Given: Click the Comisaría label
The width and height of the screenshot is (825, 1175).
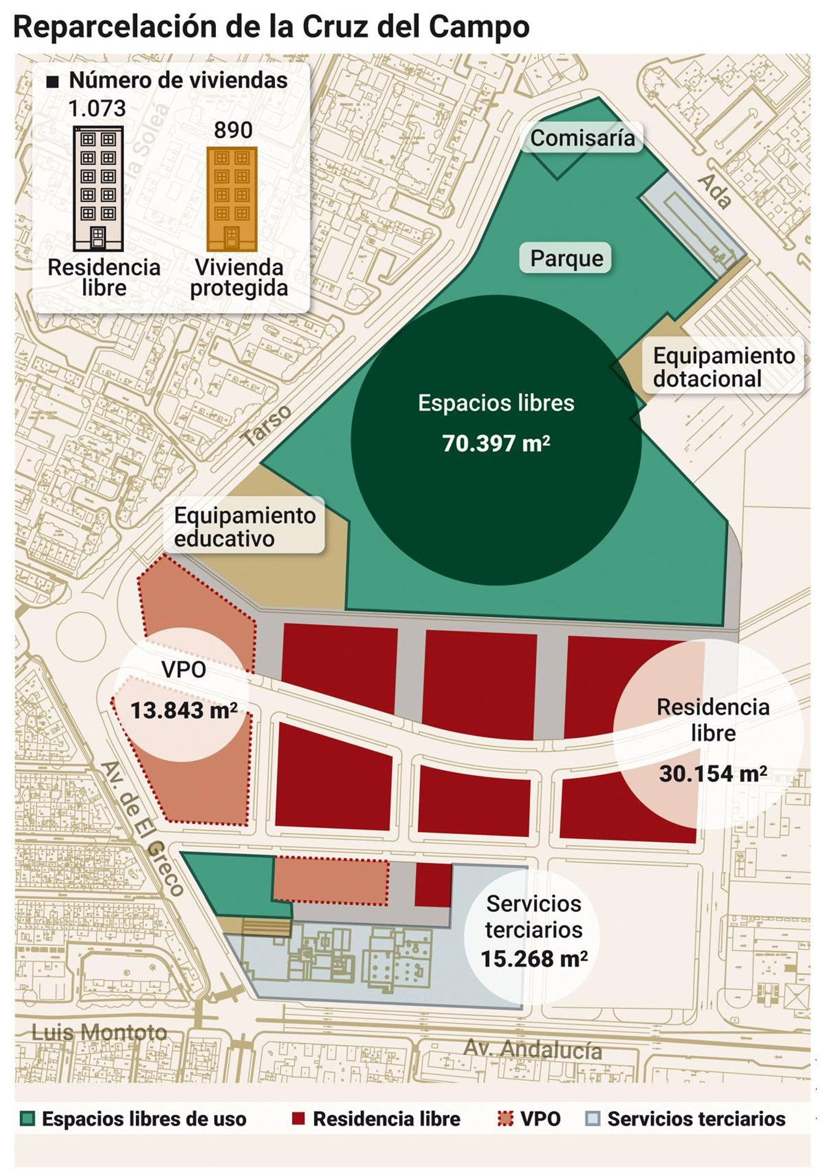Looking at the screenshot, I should coord(582,138).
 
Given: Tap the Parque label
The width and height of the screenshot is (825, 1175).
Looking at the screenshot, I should coord(566,258).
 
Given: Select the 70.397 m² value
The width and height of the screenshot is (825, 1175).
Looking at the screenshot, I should coord(496,443).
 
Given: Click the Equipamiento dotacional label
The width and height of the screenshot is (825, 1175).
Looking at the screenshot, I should coord(723,367).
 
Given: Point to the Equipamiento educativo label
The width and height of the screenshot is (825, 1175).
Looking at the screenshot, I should coord(244,527).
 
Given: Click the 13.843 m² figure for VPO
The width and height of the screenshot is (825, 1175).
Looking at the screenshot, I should coord(184,710).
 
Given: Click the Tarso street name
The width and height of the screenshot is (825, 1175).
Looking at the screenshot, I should coord(267,426).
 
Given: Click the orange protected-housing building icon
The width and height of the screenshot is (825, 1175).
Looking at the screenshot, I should coord(232,199).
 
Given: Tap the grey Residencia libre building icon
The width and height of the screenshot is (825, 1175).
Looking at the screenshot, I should coord(98,189).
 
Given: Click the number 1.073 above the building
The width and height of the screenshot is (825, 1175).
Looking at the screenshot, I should coord(97,108).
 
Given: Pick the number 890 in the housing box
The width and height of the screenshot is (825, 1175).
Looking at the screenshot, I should coord(233,130).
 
